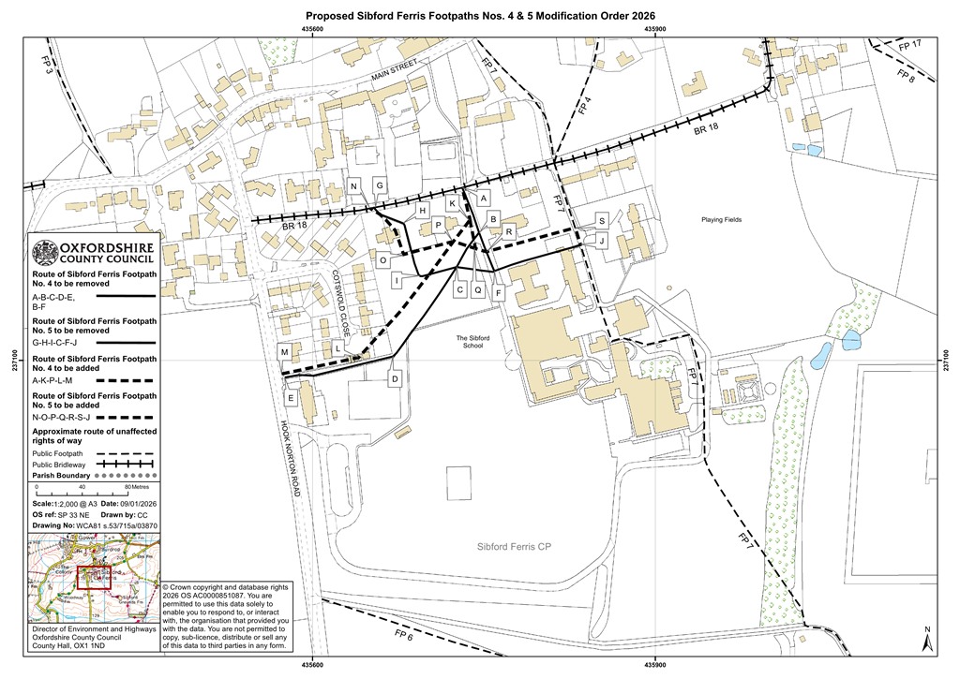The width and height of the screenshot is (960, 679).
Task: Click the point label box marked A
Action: [484, 199]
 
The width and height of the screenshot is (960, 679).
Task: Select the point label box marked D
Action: [396, 378]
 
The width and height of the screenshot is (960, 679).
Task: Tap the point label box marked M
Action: [284, 351]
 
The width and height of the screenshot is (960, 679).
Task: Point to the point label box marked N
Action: [354, 186]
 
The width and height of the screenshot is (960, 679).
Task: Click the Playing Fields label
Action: [721, 220]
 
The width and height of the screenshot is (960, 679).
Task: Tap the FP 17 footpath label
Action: [909, 45]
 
